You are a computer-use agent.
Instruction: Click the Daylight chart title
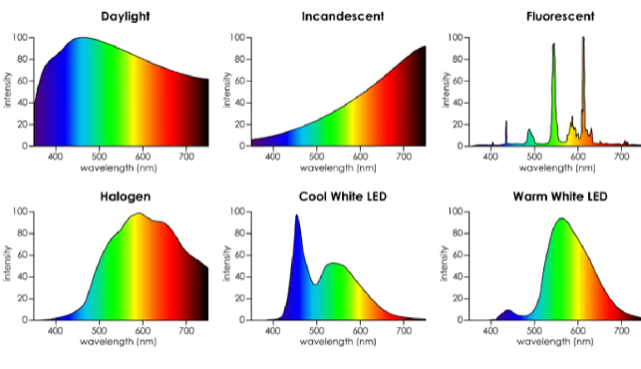(120, 17)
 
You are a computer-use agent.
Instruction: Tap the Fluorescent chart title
(558, 17)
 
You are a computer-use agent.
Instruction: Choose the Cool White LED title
(342, 195)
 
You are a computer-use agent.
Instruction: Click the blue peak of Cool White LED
(297, 216)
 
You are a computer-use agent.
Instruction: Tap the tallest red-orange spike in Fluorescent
(583, 40)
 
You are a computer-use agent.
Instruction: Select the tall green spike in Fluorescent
(553, 46)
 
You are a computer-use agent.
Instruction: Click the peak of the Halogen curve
(139, 213)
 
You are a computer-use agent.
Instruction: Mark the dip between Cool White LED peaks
(315, 284)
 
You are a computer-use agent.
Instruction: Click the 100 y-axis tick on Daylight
(21, 38)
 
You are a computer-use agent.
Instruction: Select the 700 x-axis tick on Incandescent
(404, 155)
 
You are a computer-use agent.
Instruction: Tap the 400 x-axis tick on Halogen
(55, 330)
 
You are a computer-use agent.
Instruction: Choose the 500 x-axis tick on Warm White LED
(534, 330)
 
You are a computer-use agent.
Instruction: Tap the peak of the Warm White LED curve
(561, 219)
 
